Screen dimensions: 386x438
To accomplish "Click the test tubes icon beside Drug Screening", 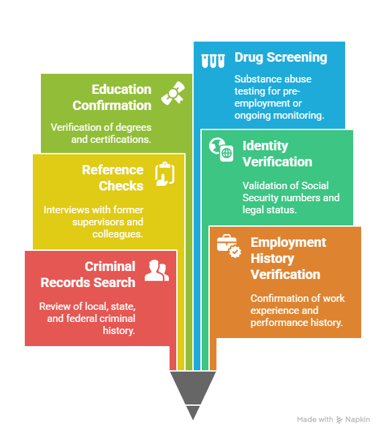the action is click(x=213, y=60).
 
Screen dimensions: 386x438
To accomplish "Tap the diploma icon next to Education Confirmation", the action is click(x=173, y=94).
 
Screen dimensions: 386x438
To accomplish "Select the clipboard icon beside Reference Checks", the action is click(x=165, y=174).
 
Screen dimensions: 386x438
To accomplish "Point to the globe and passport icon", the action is click(x=221, y=150).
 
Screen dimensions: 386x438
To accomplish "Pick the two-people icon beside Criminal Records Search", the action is click(x=157, y=270).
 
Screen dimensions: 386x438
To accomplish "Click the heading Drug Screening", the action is click(x=281, y=58).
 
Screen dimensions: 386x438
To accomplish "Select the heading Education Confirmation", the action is click(x=112, y=97).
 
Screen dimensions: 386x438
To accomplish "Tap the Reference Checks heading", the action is click(x=113, y=178).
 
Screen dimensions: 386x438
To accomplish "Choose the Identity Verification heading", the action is click(x=277, y=154).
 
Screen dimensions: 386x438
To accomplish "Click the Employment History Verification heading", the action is click(x=288, y=258).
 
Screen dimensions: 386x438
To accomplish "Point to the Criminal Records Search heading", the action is click(x=88, y=274).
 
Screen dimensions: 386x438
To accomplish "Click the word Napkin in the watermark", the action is click(x=358, y=419).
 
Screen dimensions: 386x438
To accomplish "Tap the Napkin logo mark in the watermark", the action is click(x=339, y=420).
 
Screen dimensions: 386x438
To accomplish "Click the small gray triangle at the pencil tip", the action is click(x=193, y=413).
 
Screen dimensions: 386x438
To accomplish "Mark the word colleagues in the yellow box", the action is click(x=118, y=234).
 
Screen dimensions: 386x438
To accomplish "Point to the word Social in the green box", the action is click(x=315, y=186).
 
